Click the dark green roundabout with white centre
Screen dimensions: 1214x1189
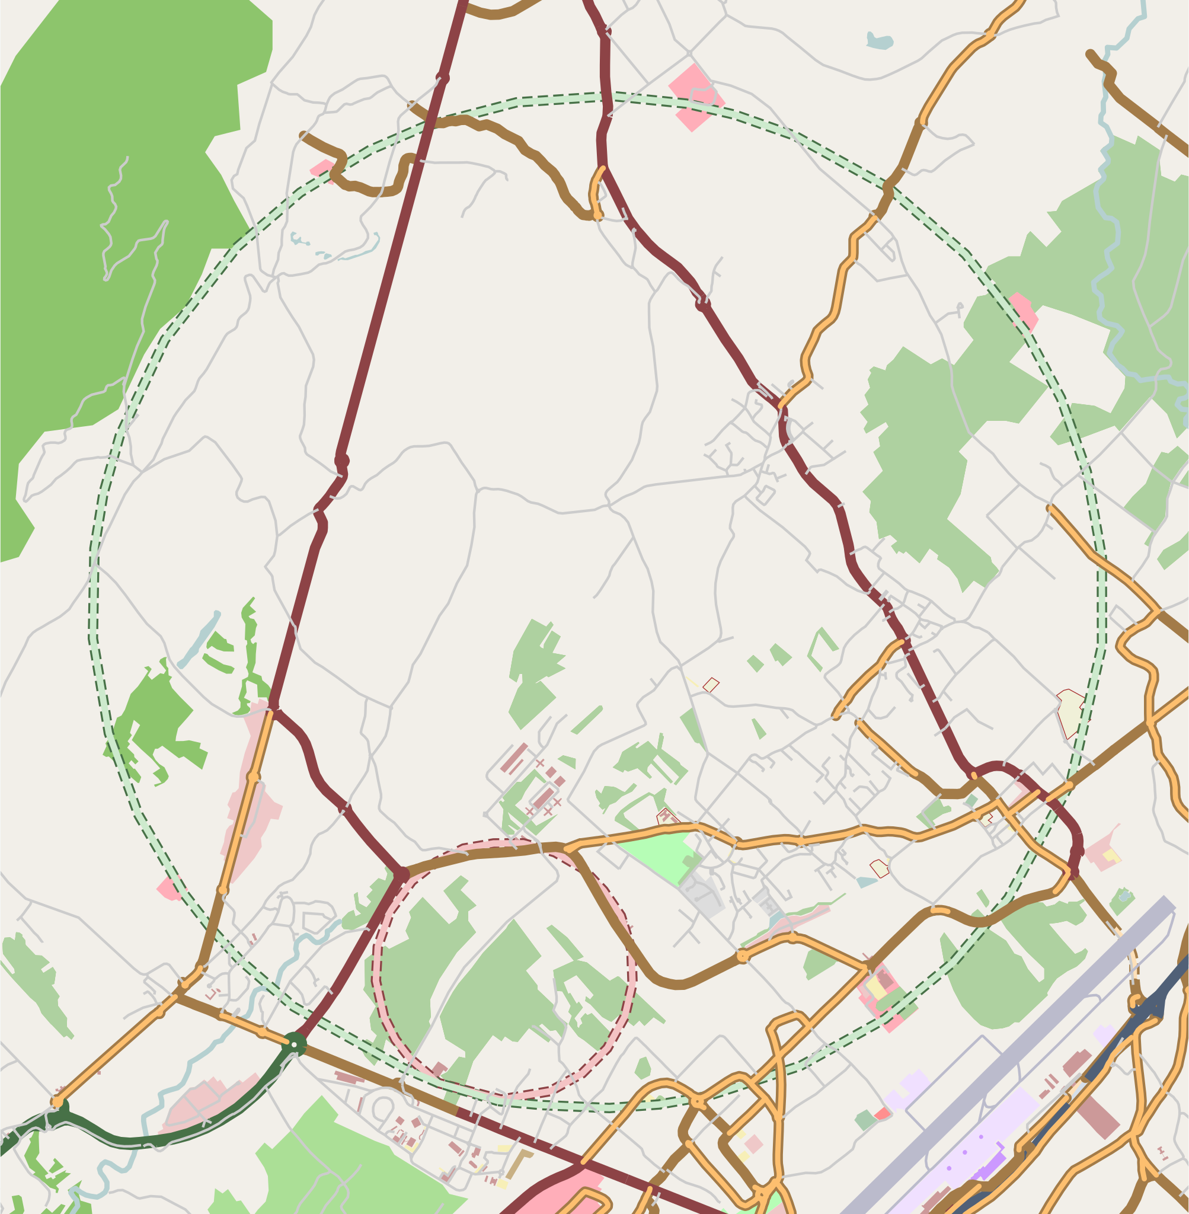coord(294,1043)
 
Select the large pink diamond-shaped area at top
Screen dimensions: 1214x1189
coord(696,97)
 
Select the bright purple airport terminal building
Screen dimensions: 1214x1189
coord(986,1167)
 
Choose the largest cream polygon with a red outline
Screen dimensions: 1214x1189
coord(1073,713)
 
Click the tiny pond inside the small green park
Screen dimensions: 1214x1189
coord(1124,897)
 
